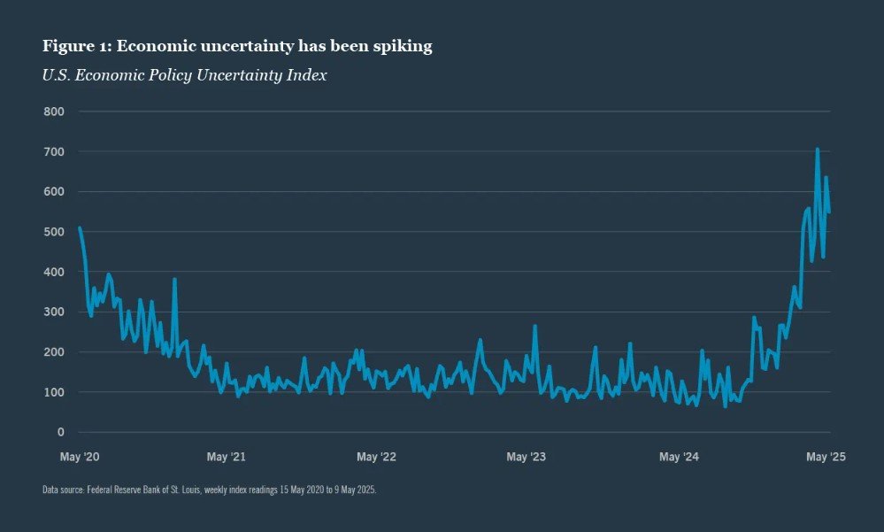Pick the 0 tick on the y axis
click(x=61, y=432)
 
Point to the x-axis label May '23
click(x=528, y=457)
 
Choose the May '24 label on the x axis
click(x=679, y=457)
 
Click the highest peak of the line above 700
click(x=817, y=150)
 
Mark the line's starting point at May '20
click(x=80, y=227)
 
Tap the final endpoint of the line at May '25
click(x=829, y=212)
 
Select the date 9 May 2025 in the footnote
click(x=356, y=490)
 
